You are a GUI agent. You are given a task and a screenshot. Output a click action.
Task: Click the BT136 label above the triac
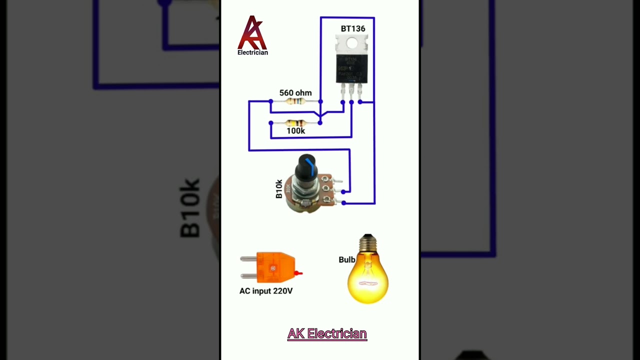(352, 29)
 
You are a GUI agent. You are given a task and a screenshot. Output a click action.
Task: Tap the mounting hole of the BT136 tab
(352, 43)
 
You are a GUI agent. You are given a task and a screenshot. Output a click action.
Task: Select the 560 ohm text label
(295, 93)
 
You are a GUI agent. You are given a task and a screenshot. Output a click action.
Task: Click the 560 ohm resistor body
(295, 101)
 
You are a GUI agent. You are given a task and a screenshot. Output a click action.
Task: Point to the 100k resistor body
(295, 122)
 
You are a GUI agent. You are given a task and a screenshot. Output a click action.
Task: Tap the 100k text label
(295, 131)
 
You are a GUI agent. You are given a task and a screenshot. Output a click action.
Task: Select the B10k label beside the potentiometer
(279, 189)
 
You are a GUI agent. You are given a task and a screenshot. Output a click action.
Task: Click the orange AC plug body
(275, 267)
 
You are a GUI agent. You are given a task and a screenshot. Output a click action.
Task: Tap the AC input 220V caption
(265, 291)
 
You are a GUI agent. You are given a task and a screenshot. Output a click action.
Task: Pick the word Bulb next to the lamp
(346, 260)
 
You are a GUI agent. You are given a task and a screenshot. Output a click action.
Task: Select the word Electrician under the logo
(252, 52)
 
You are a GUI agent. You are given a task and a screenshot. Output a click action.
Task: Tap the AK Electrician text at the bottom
(327, 334)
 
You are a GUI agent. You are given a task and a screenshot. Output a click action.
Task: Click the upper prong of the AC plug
(248, 259)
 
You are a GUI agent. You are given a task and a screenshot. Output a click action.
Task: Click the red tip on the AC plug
(298, 273)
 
